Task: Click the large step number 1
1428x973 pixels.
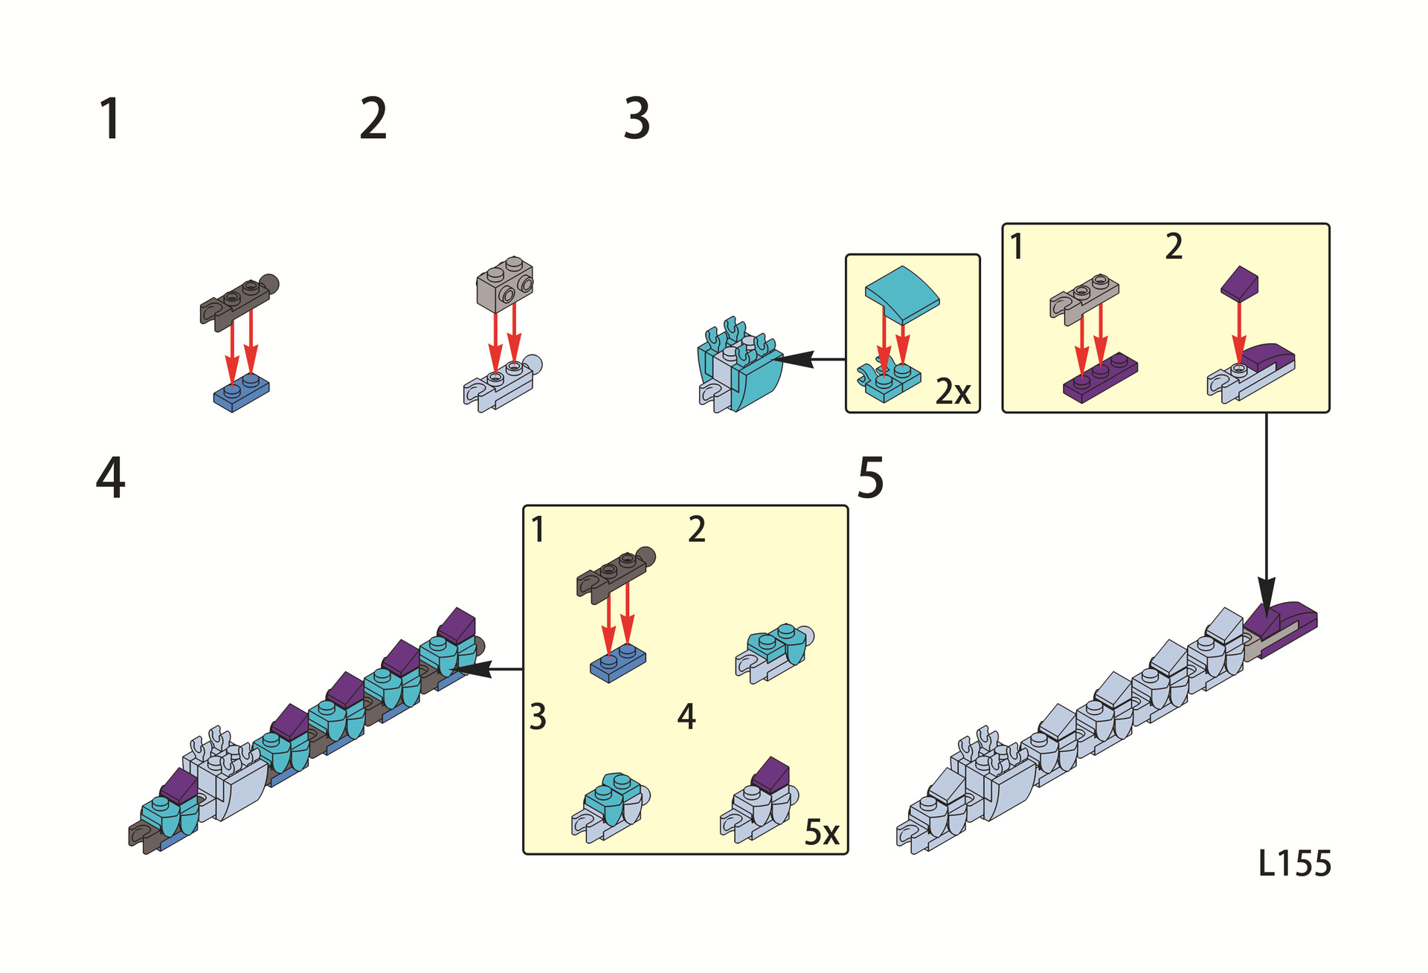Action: click(110, 119)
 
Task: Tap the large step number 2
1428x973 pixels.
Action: click(373, 119)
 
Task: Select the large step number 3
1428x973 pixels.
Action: click(637, 119)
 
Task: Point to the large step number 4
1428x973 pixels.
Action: click(110, 478)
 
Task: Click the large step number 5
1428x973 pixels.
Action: click(870, 478)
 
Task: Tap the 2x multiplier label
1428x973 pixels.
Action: click(953, 392)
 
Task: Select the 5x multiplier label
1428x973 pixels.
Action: click(822, 833)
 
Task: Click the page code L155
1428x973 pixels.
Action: click(1294, 864)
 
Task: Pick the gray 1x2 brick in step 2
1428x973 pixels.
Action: click(505, 285)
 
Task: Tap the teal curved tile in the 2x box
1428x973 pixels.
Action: click(902, 293)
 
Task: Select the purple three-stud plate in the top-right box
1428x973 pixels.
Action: click(1100, 378)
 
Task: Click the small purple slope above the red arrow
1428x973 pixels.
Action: click(1239, 283)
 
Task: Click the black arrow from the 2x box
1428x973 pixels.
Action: click(811, 360)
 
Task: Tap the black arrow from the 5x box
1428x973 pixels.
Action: click(491, 669)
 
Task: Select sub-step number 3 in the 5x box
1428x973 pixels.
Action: click(538, 717)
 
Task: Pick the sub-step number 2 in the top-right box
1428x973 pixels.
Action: click(1174, 247)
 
